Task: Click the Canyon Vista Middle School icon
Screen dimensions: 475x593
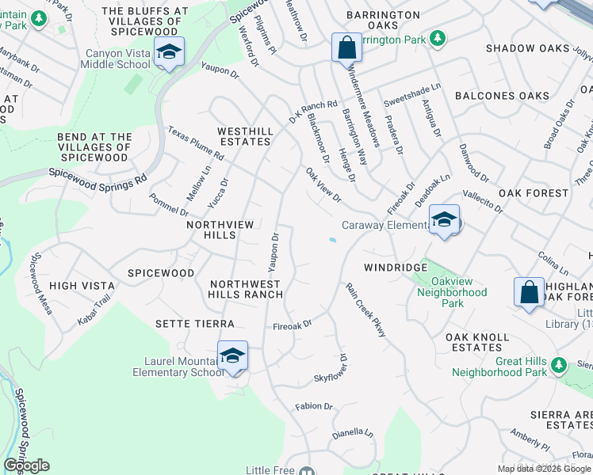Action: click(169, 51)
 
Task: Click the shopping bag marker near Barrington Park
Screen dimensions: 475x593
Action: click(346, 47)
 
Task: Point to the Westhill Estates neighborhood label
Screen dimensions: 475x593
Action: click(245, 136)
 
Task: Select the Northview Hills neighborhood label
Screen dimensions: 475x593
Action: click(220, 230)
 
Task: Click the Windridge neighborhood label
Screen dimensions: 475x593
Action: click(396, 268)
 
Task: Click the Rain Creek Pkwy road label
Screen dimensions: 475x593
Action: click(365, 310)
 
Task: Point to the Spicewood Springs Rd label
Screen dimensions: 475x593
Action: click(98, 175)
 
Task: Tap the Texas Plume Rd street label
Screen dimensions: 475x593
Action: click(196, 143)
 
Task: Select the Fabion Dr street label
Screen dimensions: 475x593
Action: click(314, 406)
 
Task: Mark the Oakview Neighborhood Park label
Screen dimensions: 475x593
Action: click(453, 292)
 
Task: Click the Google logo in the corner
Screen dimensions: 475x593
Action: click(26, 465)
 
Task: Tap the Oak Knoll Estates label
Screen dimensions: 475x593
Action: click(477, 343)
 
